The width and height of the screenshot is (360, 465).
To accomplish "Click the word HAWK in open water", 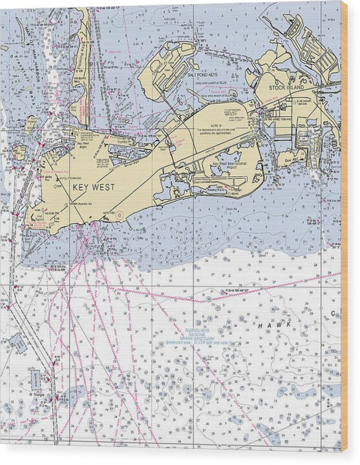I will tap(273, 325).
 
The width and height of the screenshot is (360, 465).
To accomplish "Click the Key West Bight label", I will tap(84, 144).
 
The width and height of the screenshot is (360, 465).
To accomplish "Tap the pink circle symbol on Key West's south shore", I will tap(120, 216).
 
